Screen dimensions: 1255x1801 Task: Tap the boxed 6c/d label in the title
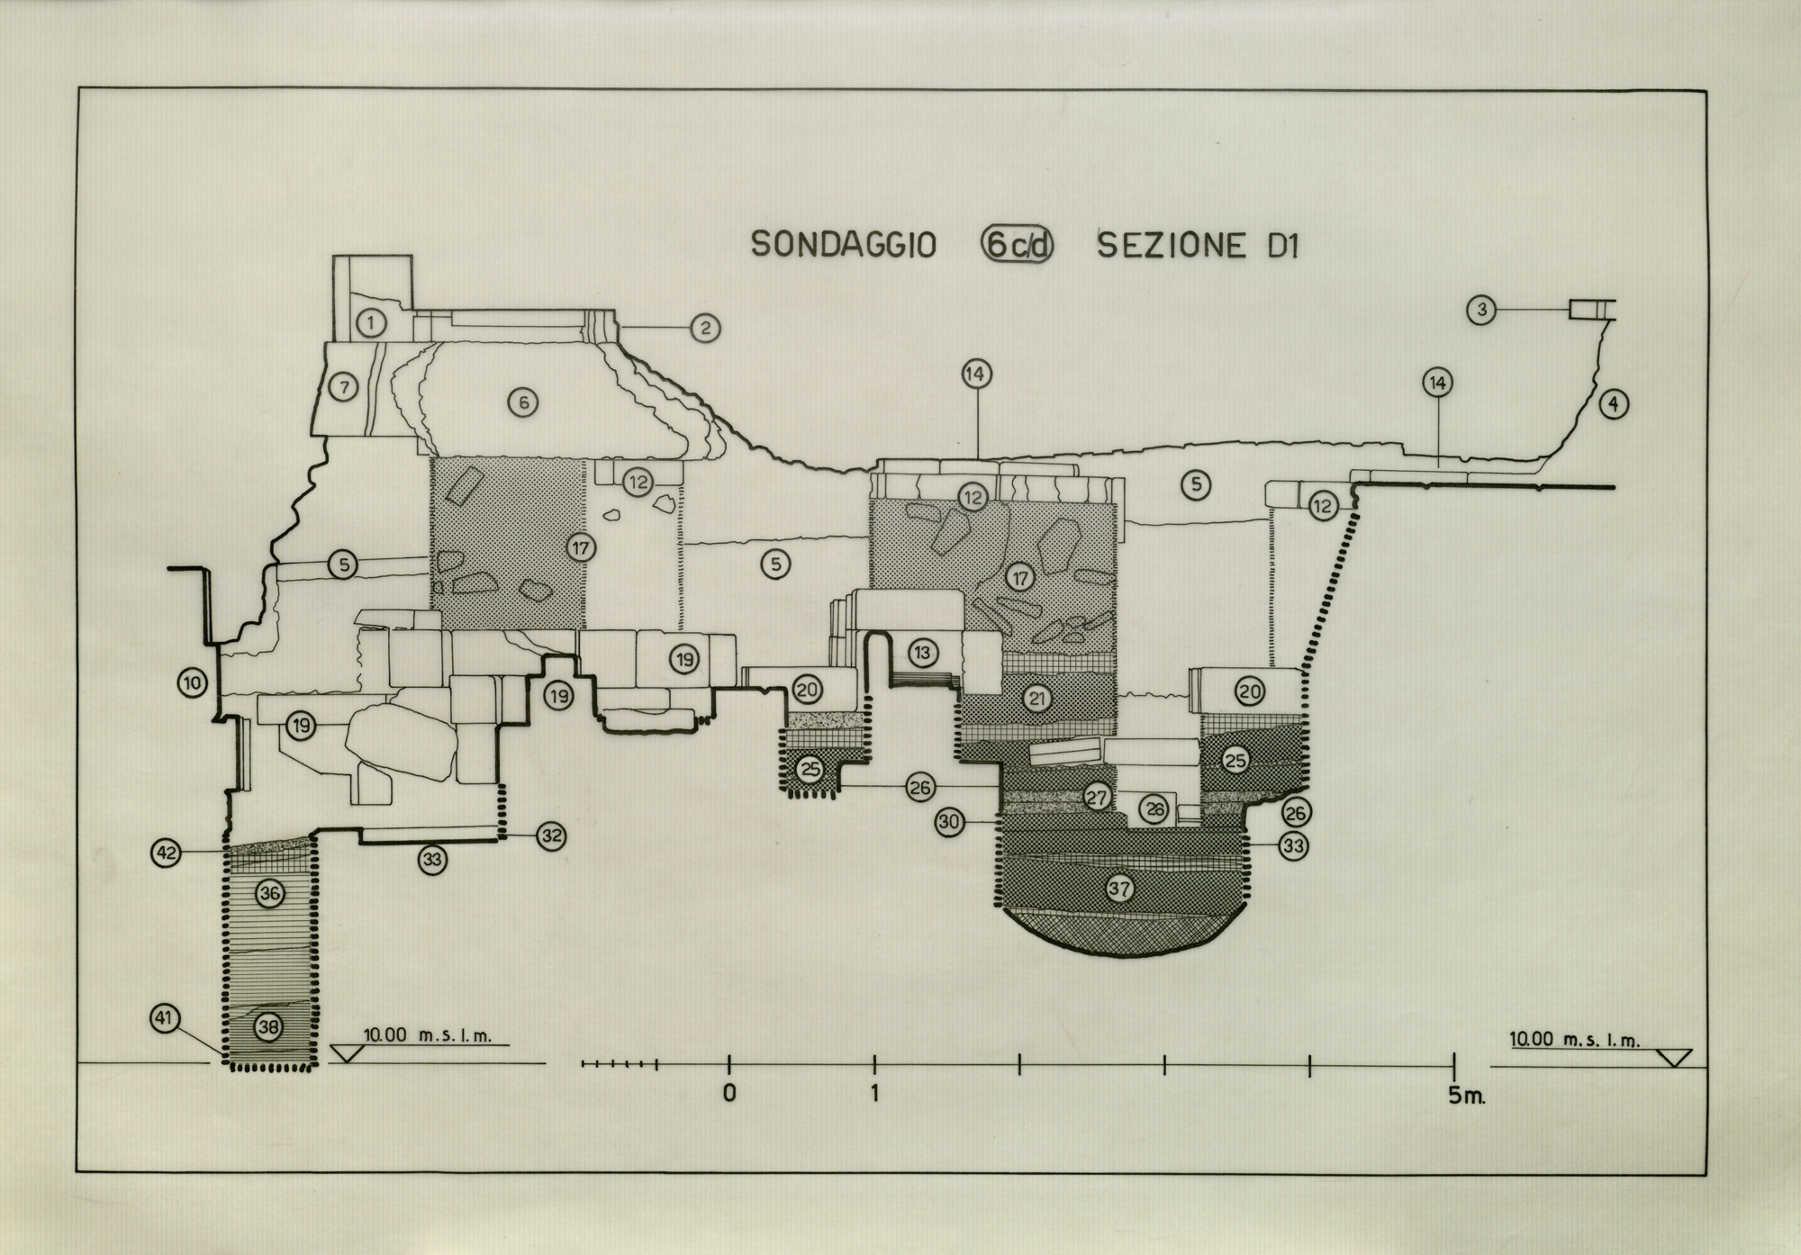tap(1016, 245)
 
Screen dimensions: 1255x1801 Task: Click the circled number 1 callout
tap(371, 322)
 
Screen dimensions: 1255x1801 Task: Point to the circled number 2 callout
tap(705, 328)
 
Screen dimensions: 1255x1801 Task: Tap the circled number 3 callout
tap(1481, 311)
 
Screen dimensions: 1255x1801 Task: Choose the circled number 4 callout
tap(1614, 404)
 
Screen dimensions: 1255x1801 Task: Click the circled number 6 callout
tap(523, 402)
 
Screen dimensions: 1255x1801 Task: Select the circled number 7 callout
tap(343, 387)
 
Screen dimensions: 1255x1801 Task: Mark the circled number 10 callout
tap(193, 683)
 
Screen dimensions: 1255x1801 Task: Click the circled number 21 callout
tap(1036, 699)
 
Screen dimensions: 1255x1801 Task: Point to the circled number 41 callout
tap(164, 1019)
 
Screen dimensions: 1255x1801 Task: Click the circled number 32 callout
tap(551, 835)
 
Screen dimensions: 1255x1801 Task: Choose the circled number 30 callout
tap(949, 821)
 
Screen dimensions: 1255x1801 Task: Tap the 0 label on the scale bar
tap(729, 1094)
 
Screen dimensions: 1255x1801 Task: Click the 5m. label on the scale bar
tap(1463, 1098)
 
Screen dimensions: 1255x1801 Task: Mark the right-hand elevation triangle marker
tap(1675, 1057)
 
